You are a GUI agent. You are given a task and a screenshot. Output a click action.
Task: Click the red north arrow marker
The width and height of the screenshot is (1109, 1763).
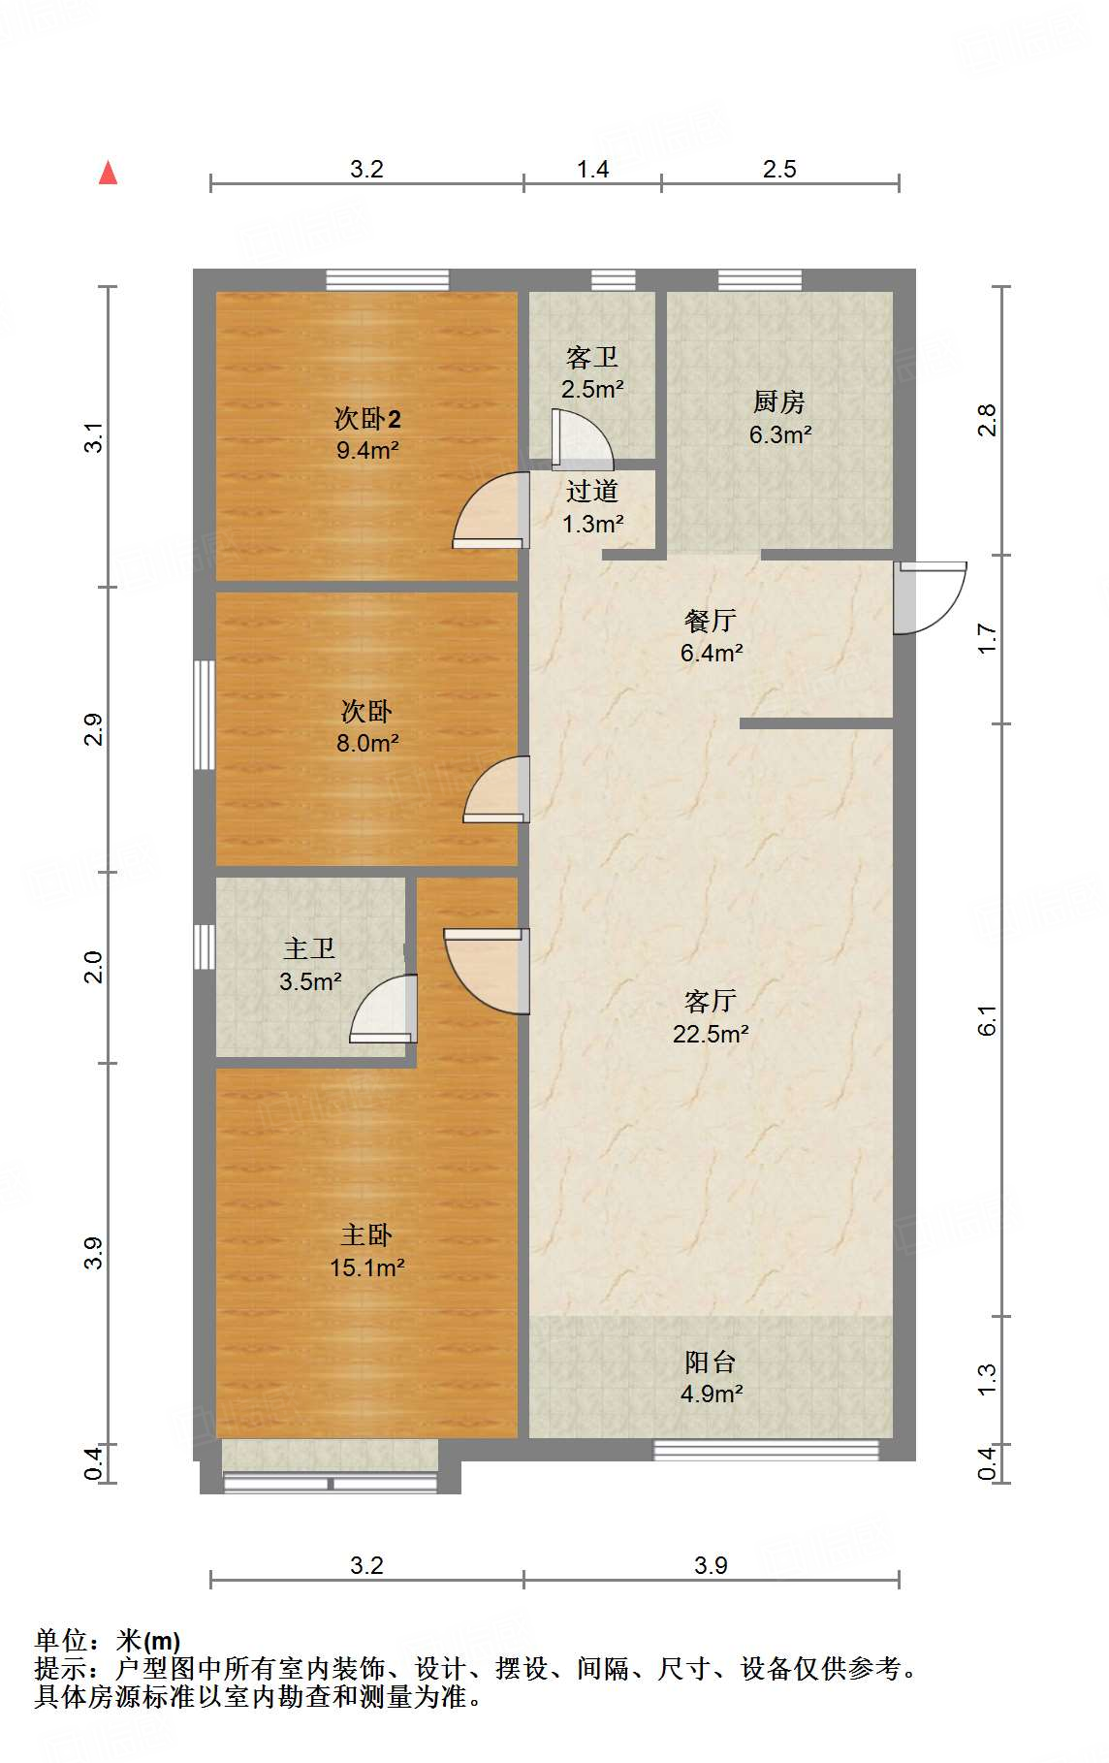pyautogui.click(x=109, y=174)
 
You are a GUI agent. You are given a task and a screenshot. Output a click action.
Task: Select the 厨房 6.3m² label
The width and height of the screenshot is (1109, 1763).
pyautogui.click(x=779, y=418)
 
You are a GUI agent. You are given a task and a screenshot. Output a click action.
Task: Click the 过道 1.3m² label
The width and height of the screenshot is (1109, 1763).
pyautogui.click(x=592, y=507)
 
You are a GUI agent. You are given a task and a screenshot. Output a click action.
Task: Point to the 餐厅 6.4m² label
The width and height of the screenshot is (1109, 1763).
pyautogui.click(x=711, y=636)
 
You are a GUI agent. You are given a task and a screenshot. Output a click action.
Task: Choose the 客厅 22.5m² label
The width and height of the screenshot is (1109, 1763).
pyautogui.click(x=711, y=1017)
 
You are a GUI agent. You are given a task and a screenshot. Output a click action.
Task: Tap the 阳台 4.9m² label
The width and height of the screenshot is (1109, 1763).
pyautogui.click(x=711, y=1378)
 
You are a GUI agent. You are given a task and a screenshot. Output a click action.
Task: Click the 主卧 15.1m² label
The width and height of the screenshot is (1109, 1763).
pyautogui.click(x=366, y=1251)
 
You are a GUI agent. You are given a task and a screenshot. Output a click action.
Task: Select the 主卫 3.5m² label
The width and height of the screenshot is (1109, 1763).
pyautogui.click(x=309, y=965)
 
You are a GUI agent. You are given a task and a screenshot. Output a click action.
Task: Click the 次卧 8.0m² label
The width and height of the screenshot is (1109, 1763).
pyautogui.click(x=366, y=727)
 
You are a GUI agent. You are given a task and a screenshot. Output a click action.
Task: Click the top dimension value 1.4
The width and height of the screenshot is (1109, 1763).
pyautogui.click(x=592, y=170)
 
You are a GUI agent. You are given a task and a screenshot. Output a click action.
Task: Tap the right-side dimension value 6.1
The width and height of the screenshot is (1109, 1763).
pyautogui.click(x=987, y=1020)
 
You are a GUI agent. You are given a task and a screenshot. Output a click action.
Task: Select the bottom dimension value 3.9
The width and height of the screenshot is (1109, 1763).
pyautogui.click(x=711, y=1565)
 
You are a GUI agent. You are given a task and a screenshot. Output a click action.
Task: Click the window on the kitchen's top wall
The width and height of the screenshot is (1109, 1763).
pyautogui.click(x=759, y=280)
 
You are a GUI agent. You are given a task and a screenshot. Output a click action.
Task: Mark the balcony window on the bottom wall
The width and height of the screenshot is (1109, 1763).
pyautogui.click(x=766, y=1451)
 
